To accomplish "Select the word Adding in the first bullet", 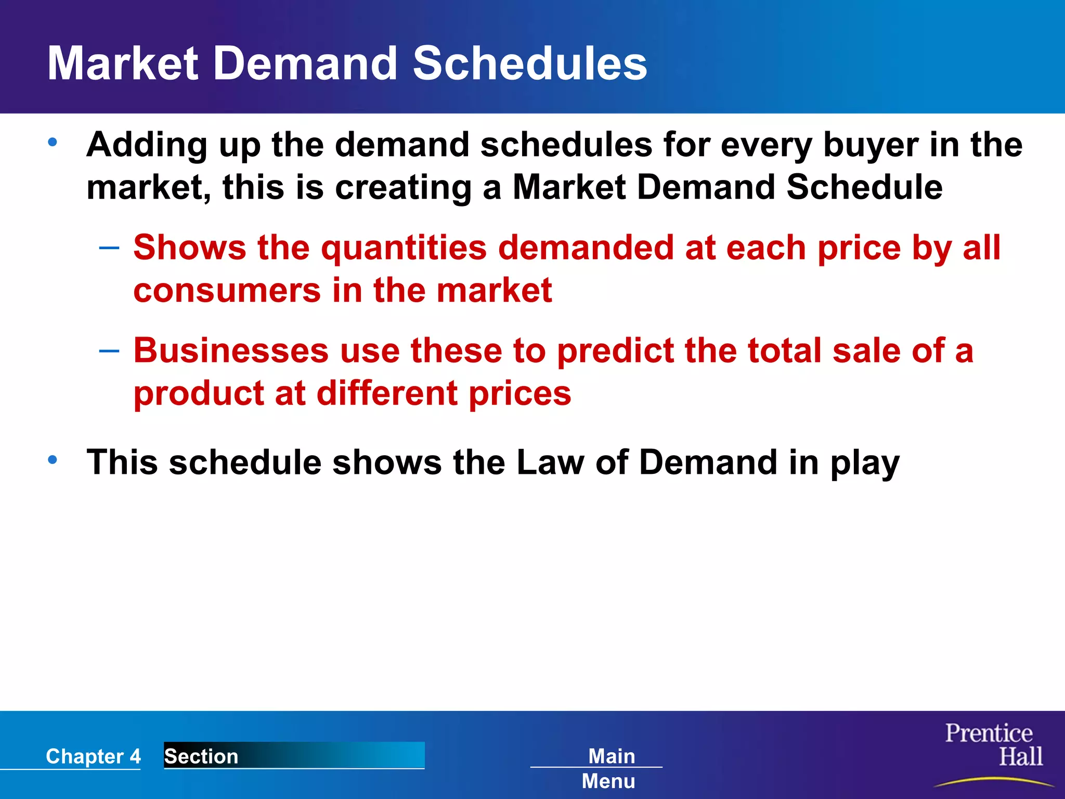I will [147, 145].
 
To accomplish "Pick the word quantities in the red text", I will [404, 249].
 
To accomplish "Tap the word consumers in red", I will [227, 290].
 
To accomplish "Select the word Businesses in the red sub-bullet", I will [231, 350].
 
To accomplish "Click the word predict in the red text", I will [615, 351].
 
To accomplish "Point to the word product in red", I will [199, 394].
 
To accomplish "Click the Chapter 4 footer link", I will [93, 756].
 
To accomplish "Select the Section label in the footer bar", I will [202, 756].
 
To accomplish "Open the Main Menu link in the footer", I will [610, 768].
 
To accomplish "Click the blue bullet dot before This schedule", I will [53, 460].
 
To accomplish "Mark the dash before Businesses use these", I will [109, 351].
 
